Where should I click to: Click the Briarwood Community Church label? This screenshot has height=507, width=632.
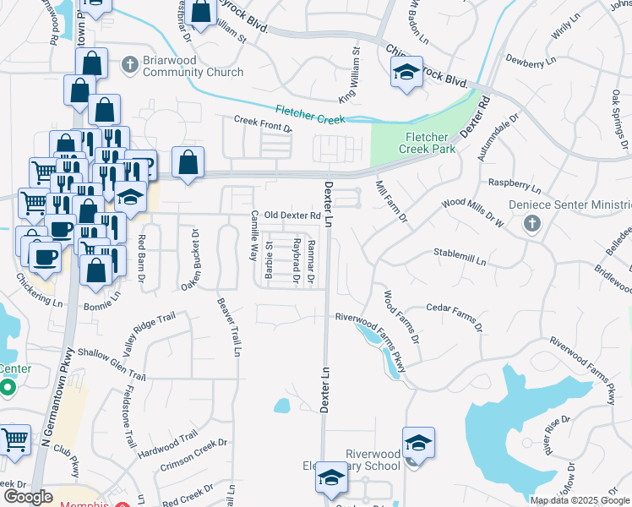click(x=193, y=67)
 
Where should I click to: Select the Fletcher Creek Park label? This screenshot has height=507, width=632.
click(x=431, y=143)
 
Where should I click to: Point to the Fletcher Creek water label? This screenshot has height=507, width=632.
click(x=310, y=114)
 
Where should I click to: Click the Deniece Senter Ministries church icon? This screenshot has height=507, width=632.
click(x=531, y=223)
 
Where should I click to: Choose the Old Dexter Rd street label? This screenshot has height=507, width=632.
click(x=291, y=215)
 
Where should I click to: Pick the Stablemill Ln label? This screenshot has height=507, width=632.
click(x=460, y=262)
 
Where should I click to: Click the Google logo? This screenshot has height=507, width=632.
click(x=28, y=497)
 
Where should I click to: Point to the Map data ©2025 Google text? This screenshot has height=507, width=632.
click(x=579, y=500)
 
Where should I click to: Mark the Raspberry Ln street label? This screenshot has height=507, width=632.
click(x=514, y=184)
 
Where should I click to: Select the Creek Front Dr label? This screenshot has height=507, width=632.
click(x=263, y=124)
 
